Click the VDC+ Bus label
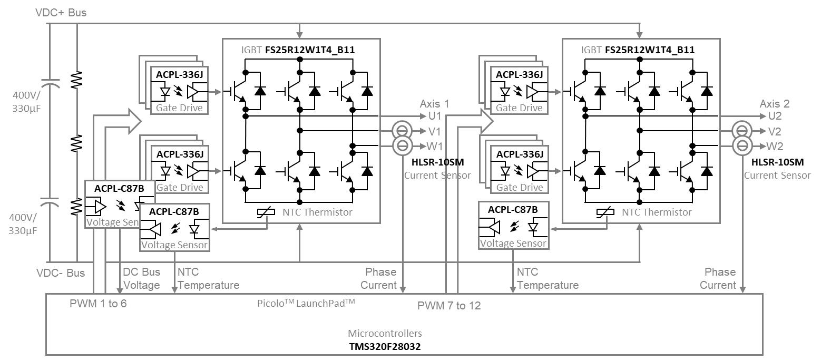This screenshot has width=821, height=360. tap(61, 13)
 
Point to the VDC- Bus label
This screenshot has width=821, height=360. tap(61, 273)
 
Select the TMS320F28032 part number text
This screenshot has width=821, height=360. tap(385, 346)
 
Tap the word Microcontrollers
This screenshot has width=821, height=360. tap(385, 333)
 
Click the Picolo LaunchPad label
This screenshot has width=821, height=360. tap(306, 303)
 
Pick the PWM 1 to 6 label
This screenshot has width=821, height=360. tap(98, 304)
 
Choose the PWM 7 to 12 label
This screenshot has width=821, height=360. tap(449, 305)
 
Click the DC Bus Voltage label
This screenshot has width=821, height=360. tap(141, 279)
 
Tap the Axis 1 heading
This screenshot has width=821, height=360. tap(435, 103)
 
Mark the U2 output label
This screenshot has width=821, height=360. tap(775, 116)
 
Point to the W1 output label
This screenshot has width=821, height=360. tap(435, 146)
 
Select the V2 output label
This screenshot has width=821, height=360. tap(775, 131)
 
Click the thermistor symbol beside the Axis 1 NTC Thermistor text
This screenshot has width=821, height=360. tap(266, 212)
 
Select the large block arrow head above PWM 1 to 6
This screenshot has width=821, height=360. tap(134, 121)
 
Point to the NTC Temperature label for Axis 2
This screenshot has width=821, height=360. tap(548, 279)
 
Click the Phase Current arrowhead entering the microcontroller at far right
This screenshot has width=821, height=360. tap(743, 290)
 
